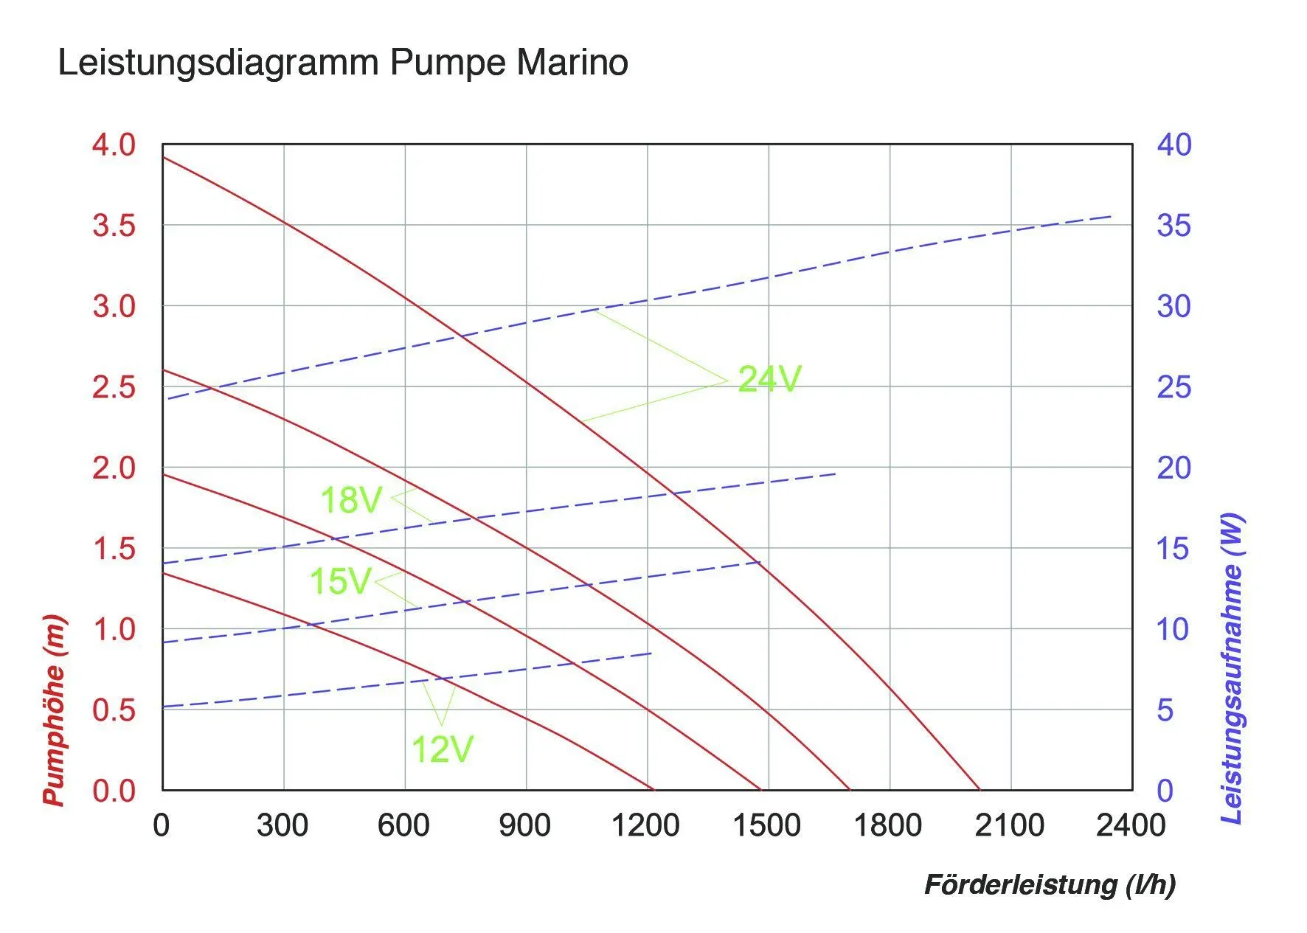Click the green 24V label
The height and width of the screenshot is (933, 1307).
769,379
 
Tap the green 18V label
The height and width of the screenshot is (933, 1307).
351,500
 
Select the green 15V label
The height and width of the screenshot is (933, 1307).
340,581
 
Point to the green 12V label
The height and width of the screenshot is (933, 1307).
442,749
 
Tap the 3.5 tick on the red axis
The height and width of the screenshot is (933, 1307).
114,226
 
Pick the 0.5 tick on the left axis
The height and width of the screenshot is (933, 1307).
114,710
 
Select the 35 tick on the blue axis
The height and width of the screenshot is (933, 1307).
1173,226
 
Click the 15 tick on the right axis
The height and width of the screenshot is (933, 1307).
1173,549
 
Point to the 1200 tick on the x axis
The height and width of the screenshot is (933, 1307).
645,825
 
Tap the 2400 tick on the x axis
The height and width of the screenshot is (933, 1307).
1131,825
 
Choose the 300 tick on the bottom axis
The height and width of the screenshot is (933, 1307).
282,825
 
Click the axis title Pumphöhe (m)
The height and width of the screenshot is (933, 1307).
54,710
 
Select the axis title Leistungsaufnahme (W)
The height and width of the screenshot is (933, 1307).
1233,668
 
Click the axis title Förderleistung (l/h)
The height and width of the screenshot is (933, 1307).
1050,884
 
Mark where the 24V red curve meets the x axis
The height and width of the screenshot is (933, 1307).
980,790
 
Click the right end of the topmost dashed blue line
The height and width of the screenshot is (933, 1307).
1112,216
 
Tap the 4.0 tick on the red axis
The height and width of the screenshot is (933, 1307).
114,145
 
